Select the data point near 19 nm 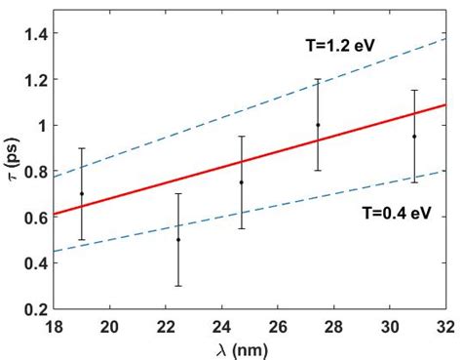[82, 193]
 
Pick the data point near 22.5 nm [178, 239]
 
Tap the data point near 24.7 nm [242, 182]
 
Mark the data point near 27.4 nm [318, 125]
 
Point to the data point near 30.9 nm [414, 137]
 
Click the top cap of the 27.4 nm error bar [318, 79]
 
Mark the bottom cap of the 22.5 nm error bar [178, 285]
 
